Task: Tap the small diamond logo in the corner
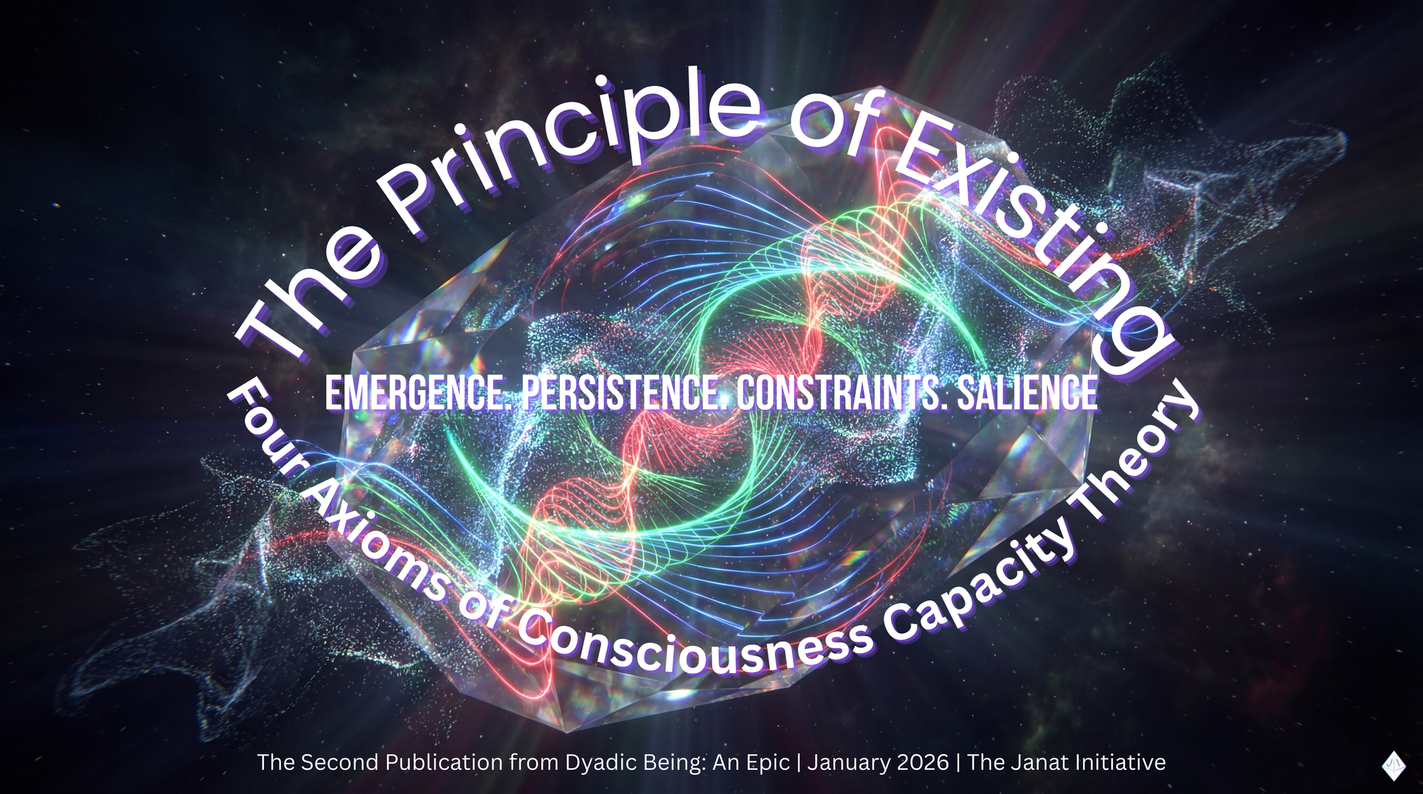[x=1393, y=766]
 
